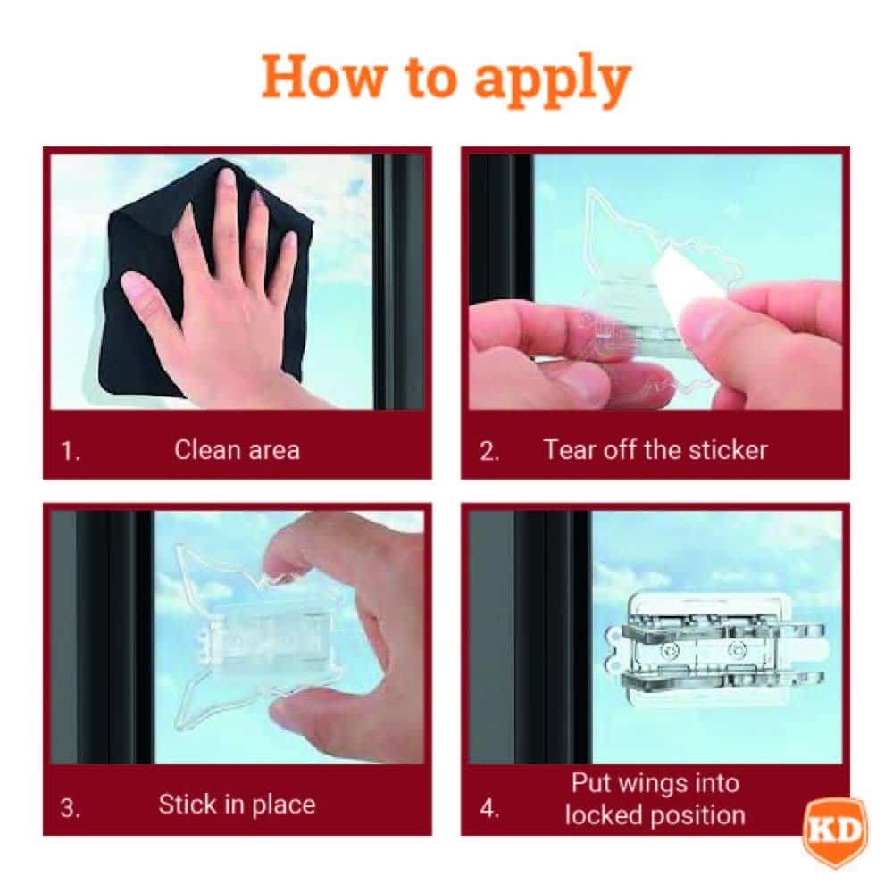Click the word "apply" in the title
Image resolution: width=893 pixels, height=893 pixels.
pyautogui.click(x=553, y=80)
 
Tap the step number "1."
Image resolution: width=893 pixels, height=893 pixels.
pyautogui.click(x=71, y=452)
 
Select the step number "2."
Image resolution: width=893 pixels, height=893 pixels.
pyautogui.click(x=489, y=452)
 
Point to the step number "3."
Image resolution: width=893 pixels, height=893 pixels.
pyautogui.click(x=71, y=807)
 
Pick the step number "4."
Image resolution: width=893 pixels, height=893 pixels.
pyautogui.click(x=489, y=807)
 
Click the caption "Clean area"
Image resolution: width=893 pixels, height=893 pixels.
pyautogui.click(x=237, y=450)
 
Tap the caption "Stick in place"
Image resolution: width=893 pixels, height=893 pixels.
pyautogui.click(x=237, y=805)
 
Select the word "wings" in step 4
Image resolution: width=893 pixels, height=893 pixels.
pyautogui.click(x=655, y=784)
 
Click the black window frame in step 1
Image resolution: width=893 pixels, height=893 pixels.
pyautogui.click(x=398, y=282)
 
